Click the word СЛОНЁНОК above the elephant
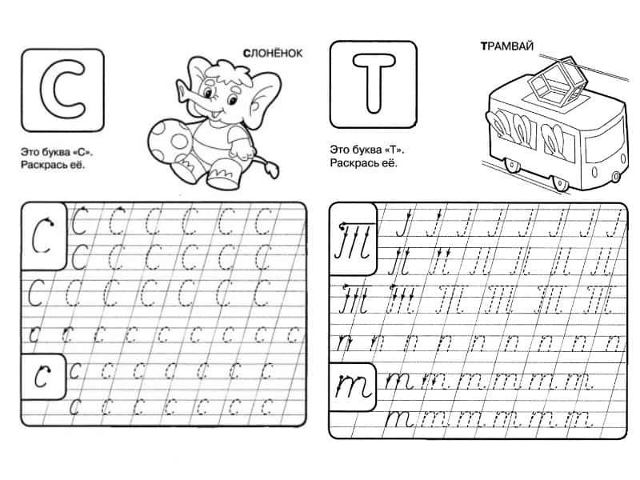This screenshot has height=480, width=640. [273, 53]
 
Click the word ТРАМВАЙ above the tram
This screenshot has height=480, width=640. [507, 46]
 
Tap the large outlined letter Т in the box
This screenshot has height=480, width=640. [374, 83]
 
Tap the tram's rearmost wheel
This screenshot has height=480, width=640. [512, 165]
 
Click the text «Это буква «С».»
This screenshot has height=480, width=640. [57, 152]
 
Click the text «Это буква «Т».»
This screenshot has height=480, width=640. [367, 150]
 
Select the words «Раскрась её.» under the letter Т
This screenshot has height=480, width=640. [363, 163]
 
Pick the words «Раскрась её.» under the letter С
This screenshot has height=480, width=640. [53, 166]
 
